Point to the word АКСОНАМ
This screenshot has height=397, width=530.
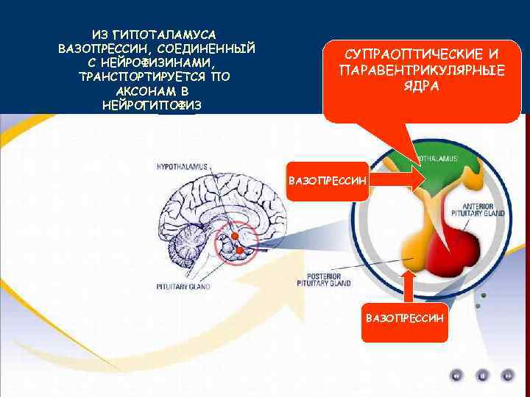tap(142, 92)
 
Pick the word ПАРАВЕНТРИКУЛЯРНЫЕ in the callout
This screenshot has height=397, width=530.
tap(422, 70)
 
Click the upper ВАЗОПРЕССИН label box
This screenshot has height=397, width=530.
tap(328, 180)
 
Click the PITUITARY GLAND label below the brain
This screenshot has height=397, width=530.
tap(183, 285)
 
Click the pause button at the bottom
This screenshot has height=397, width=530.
tap(483, 375)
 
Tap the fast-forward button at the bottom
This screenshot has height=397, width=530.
tap(508, 375)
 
